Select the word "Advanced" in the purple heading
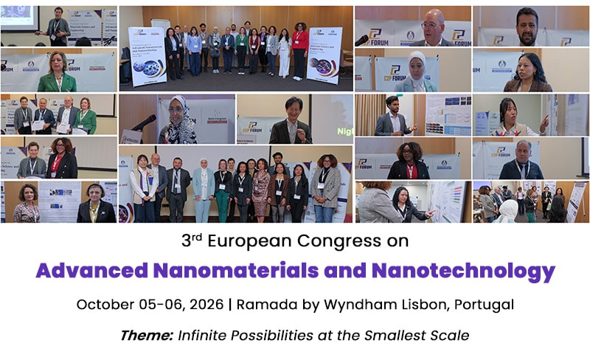click(85, 271)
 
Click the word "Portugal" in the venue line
click(484, 304)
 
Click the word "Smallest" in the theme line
click(399, 336)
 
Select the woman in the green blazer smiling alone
click(58, 72)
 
